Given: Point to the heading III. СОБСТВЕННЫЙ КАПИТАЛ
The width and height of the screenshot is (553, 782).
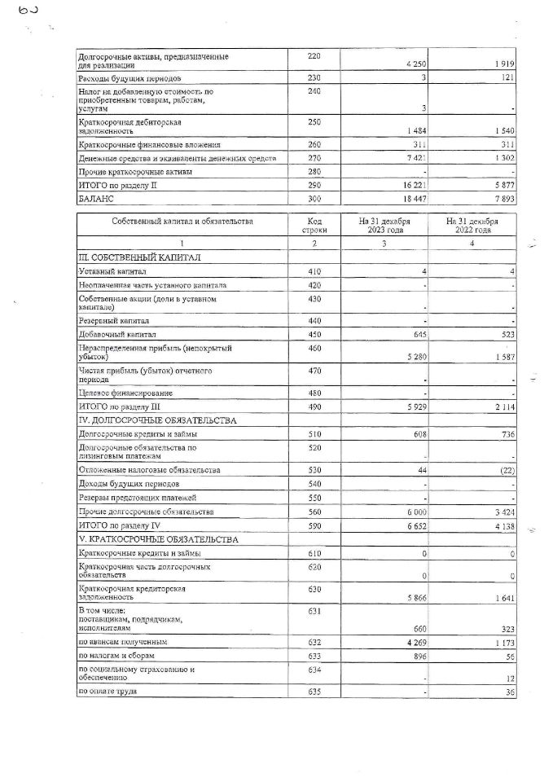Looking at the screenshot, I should point(139,257).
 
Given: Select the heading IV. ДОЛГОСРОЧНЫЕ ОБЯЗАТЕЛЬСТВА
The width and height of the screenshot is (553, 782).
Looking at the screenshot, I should point(156,420).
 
